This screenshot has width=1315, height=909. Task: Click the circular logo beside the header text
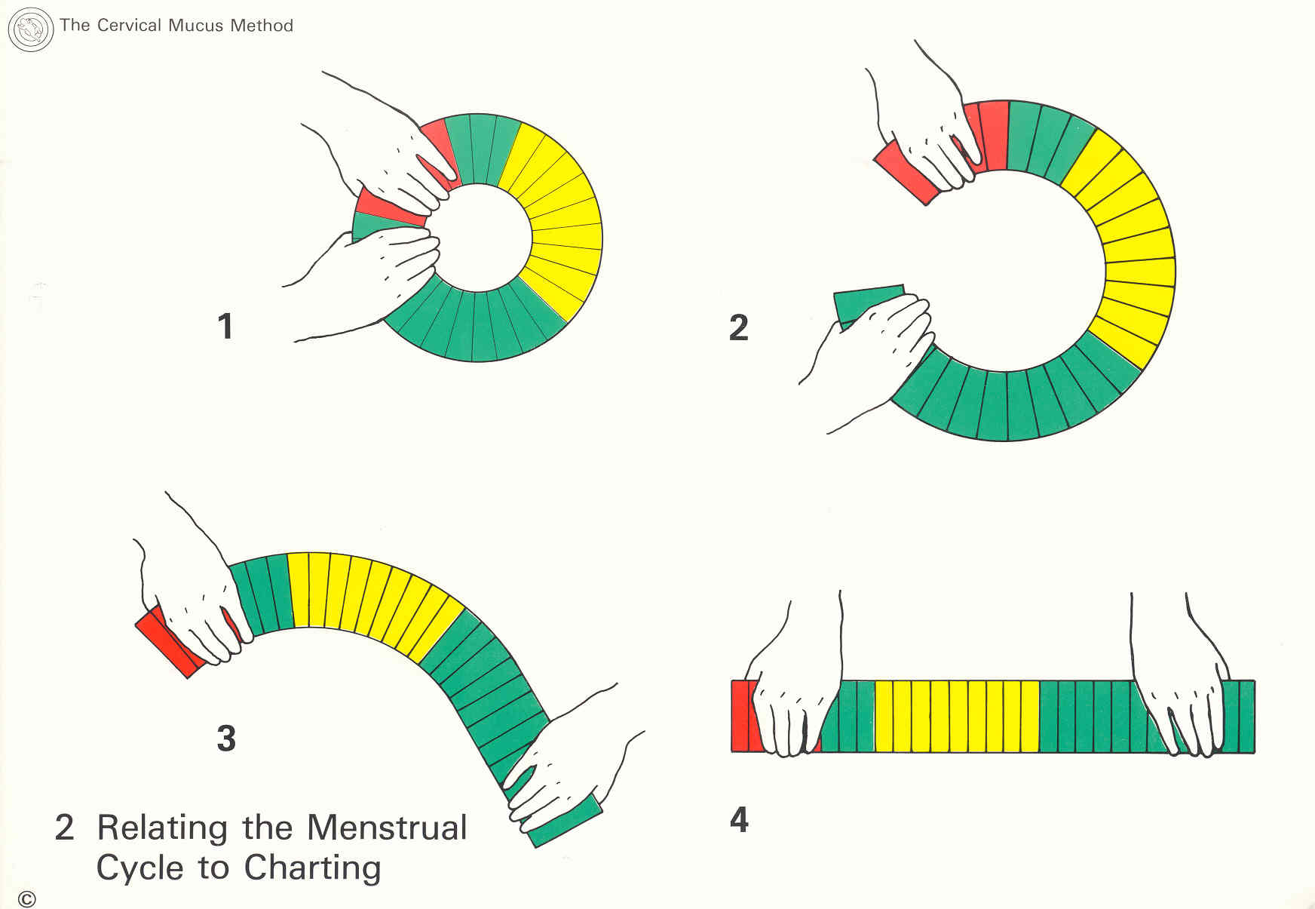pos(30,29)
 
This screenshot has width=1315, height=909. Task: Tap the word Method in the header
pos(262,26)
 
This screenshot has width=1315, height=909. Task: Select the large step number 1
pos(225,327)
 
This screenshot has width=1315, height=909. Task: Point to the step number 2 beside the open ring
pos(739,327)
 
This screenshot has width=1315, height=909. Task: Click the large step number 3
pos(226,738)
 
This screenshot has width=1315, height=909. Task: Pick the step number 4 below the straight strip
pos(739,820)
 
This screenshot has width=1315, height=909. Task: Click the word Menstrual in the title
pos(387,828)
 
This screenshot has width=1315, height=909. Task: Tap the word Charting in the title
pos(313,868)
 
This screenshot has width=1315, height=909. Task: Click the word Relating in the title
pos(162,828)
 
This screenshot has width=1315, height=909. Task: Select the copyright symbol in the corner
pos(27,899)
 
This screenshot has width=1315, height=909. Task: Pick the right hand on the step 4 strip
pos(1184,694)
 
